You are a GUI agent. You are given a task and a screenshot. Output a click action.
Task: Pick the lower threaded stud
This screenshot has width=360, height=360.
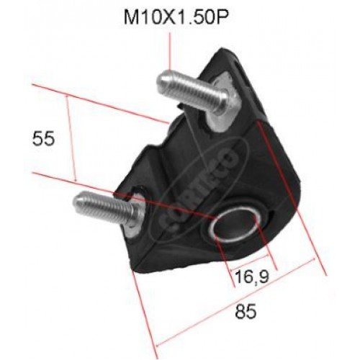coord(108,207)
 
